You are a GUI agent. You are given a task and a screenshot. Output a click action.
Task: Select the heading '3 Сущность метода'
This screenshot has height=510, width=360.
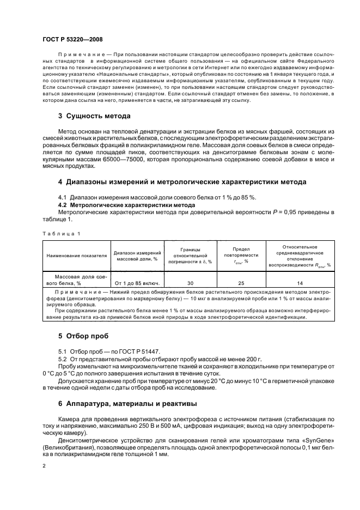tap(93, 116)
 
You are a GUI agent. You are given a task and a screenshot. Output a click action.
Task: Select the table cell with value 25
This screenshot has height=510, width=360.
tap(241, 283)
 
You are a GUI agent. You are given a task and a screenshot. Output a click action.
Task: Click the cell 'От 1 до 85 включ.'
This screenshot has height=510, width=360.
tap(137, 283)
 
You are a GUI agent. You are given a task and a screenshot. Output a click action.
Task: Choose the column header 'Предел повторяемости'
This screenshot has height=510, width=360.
tap(241, 254)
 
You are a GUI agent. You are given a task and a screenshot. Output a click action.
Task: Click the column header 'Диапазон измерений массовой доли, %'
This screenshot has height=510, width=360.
tap(137, 255)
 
